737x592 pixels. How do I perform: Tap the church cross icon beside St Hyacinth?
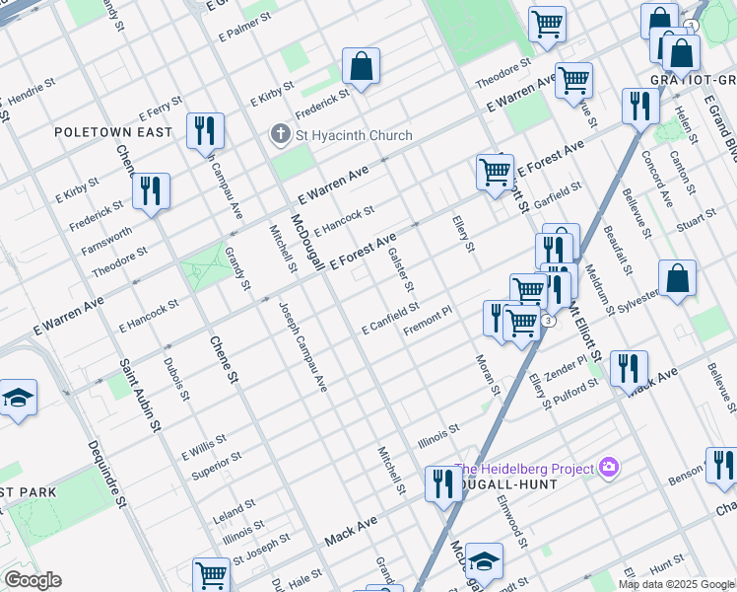click(x=281, y=135)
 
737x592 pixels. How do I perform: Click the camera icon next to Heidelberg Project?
click(x=609, y=466)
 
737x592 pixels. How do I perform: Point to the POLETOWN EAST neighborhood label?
click(x=113, y=132)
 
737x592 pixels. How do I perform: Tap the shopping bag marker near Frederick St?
click(x=362, y=67)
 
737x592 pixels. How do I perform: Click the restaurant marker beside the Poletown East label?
click(x=205, y=129)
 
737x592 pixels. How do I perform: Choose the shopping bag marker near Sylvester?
click(x=678, y=279)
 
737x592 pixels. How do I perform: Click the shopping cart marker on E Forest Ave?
click(x=495, y=172)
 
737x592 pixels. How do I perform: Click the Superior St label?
click(x=217, y=465)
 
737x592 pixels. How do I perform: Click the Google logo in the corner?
click(x=33, y=580)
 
